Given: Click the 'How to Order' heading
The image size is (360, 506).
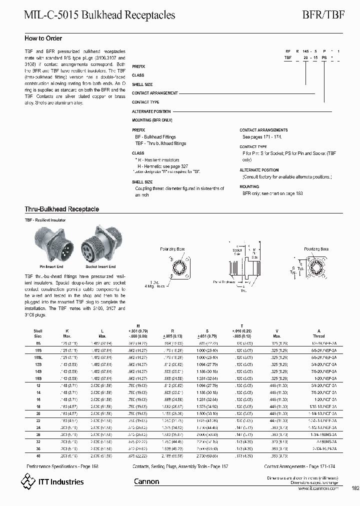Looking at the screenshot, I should (43, 38).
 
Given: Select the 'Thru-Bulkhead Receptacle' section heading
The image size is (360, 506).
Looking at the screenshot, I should (61, 209).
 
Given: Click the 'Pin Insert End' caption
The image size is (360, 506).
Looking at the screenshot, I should (51, 266).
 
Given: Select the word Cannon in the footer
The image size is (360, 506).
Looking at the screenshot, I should (146, 481).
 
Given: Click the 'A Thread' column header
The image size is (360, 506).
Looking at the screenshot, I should (318, 333).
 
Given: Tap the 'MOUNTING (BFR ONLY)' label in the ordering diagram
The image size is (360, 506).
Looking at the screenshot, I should (152, 120).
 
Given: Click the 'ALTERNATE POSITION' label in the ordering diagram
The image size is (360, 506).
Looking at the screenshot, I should (151, 111).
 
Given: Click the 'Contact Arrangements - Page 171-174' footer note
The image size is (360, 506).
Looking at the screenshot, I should (300, 465).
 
